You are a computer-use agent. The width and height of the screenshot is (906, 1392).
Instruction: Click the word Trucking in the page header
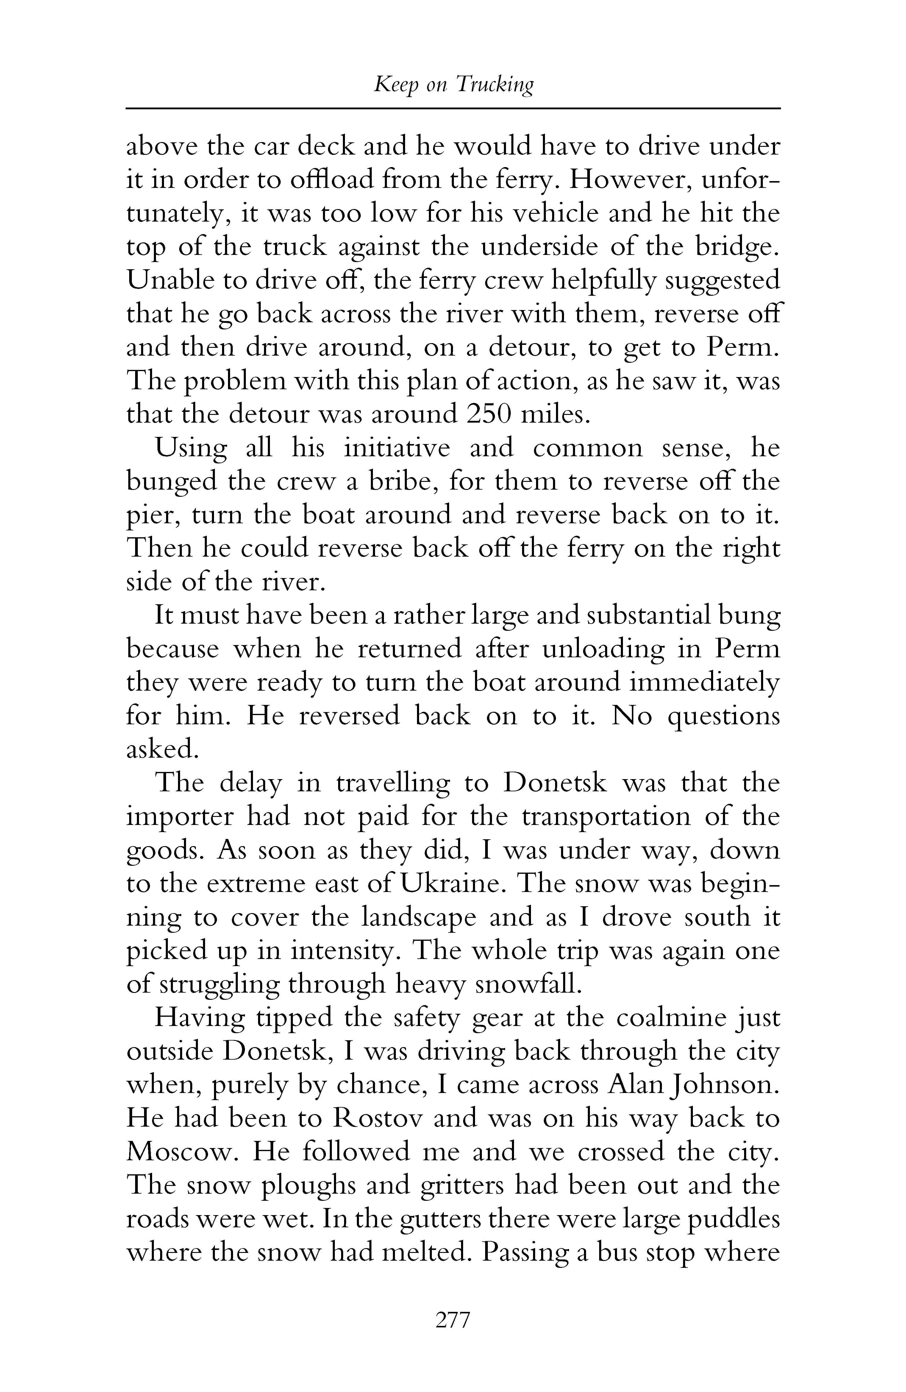[494, 85]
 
